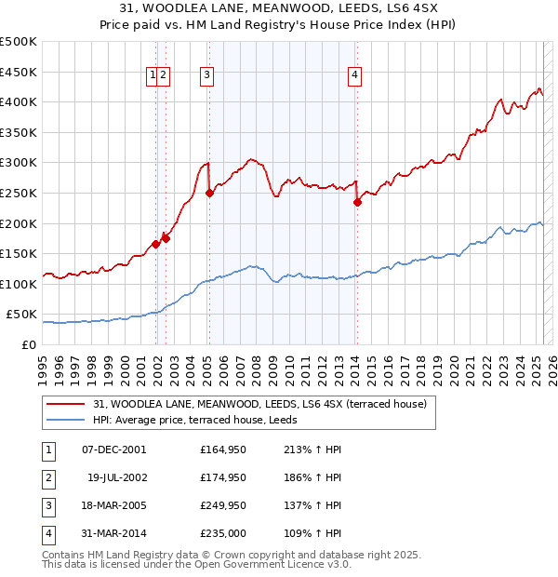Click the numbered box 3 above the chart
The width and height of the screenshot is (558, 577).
[x=206, y=76]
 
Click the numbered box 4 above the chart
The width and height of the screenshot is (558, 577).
[x=355, y=76]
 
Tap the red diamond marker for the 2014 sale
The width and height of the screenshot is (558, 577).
[x=357, y=202]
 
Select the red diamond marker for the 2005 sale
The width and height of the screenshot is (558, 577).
[x=209, y=193]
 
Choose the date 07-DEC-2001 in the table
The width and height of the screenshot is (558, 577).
[x=113, y=450]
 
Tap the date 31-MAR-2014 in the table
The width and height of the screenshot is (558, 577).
[x=113, y=533]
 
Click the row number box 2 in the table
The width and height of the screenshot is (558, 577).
[x=47, y=477]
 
